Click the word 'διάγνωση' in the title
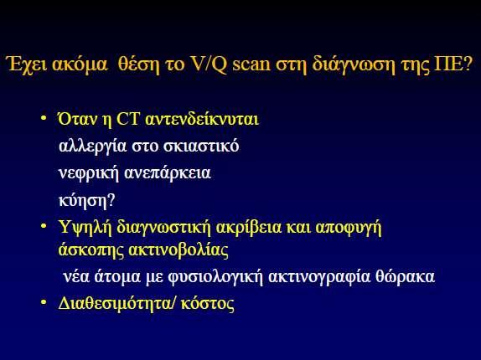click(353, 65)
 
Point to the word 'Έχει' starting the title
click(27, 64)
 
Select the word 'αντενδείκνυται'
click(202, 119)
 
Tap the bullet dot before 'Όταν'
click(44, 118)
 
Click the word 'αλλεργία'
click(92, 147)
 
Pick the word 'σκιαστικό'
click(200, 147)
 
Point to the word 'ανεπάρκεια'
click(168, 173)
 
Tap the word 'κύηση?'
click(86, 201)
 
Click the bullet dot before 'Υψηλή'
click(44, 226)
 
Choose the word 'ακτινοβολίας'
click(178, 250)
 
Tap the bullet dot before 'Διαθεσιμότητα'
click(44, 302)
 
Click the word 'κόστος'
click(207, 304)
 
